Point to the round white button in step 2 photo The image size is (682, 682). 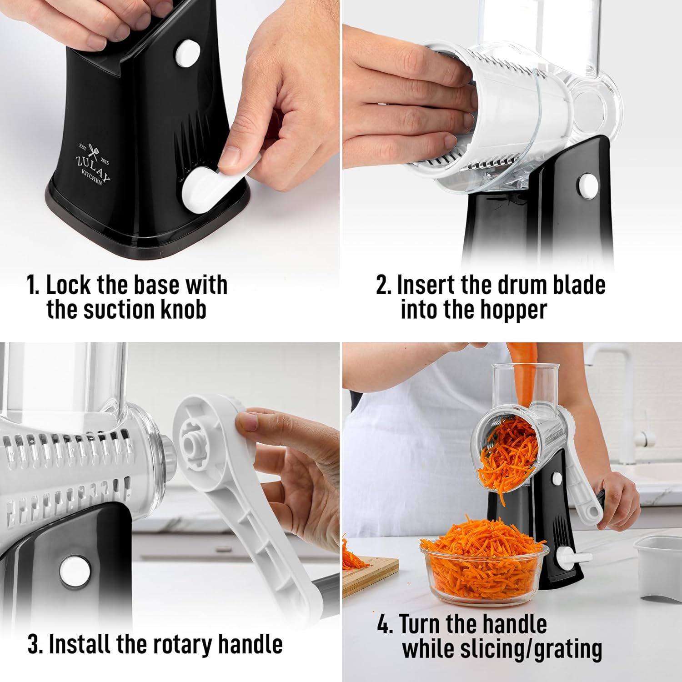click(587, 186)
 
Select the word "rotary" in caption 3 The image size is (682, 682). click(182, 644)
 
